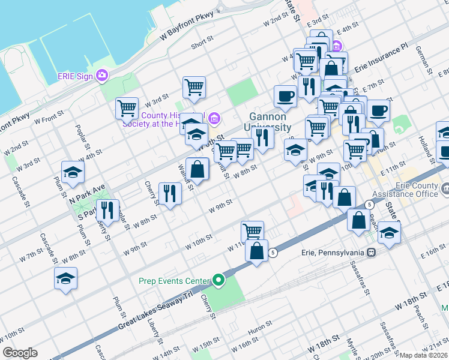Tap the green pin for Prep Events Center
218,280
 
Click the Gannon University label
268,122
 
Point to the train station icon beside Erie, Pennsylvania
372,252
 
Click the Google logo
20,353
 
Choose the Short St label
202,43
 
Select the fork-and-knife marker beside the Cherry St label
170,193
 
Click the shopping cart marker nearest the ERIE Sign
127,109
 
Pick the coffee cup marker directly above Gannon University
286,95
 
